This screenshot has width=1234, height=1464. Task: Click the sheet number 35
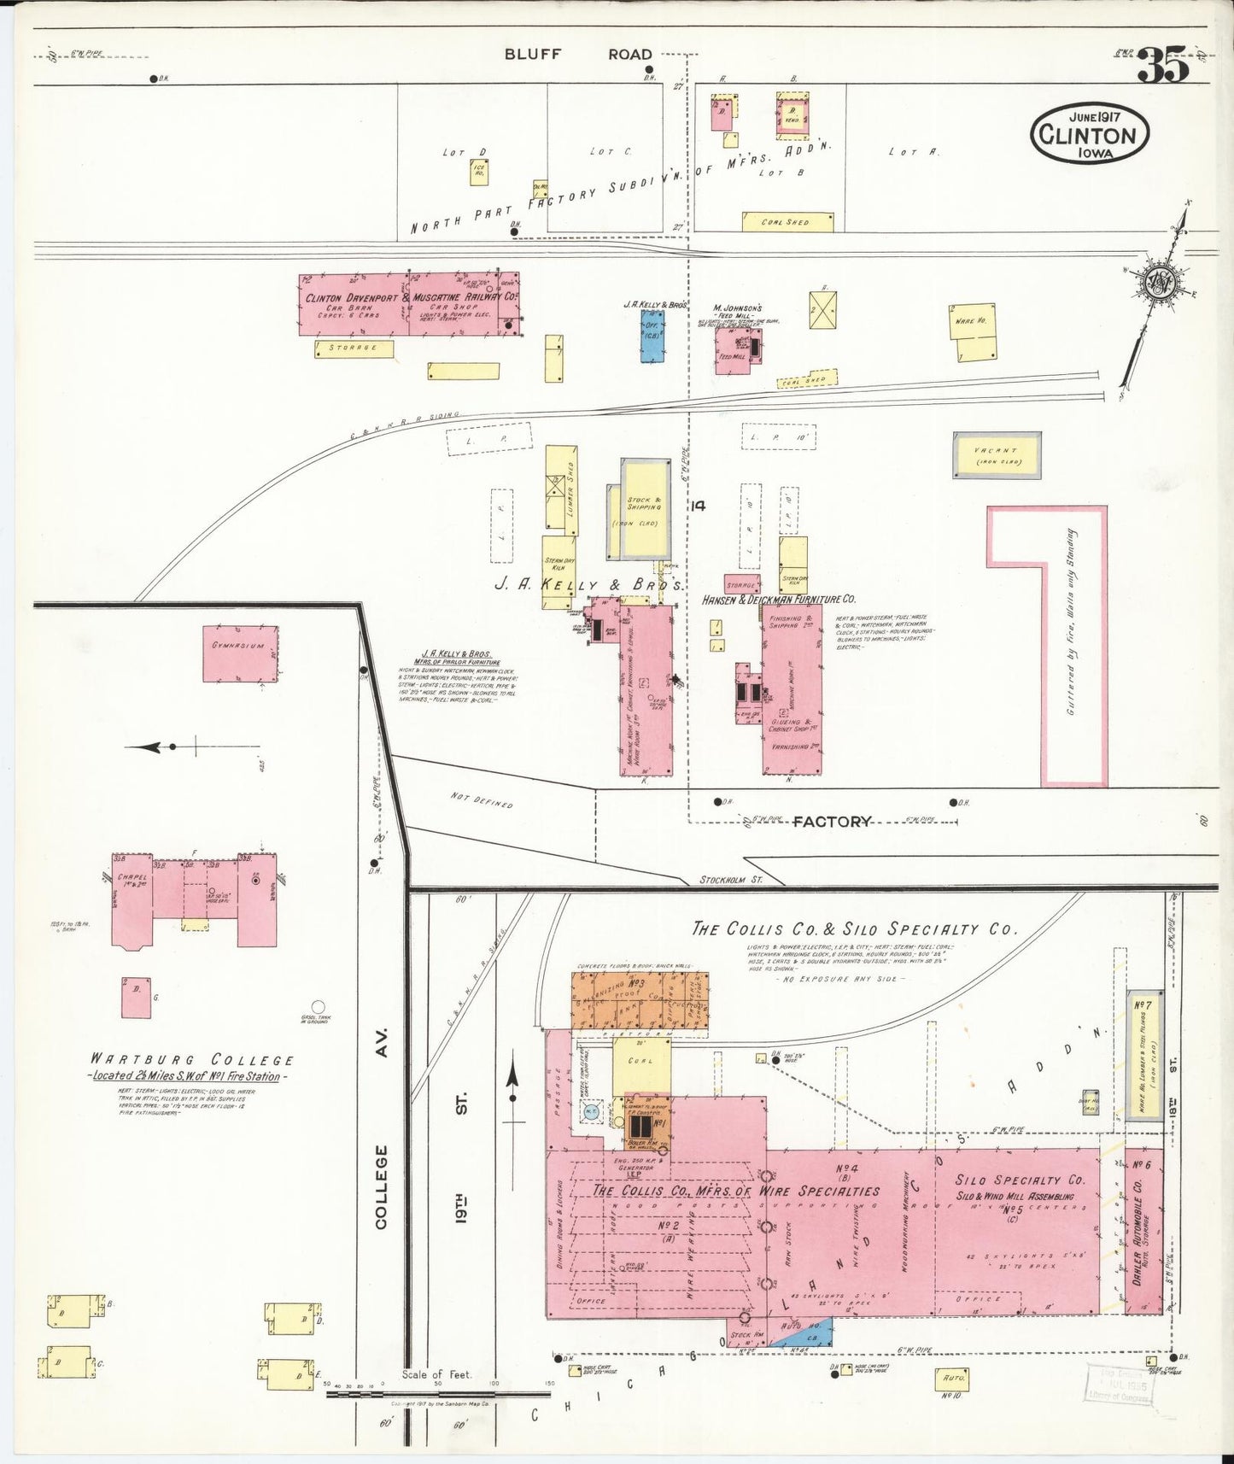[x=1162, y=66]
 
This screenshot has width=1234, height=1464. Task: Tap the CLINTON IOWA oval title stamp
[x=1089, y=135]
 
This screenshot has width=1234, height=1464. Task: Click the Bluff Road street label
[x=578, y=54]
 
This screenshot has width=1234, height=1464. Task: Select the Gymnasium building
[x=240, y=653]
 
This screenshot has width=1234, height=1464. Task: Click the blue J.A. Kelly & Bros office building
[x=653, y=333]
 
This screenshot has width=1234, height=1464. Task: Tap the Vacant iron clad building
[x=997, y=455]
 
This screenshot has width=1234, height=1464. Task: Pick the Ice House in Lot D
[x=479, y=172]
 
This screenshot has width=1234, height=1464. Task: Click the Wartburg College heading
[x=192, y=1060]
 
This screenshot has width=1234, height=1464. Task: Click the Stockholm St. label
[x=730, y=879]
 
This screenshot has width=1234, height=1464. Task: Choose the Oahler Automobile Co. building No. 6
[x=1143, y=1230]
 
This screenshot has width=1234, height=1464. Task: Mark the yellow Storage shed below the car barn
[x=354, y=348]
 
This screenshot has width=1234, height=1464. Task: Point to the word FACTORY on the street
[x=832, y=822]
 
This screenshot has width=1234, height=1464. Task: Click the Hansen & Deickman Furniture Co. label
[x=778, y=599]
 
